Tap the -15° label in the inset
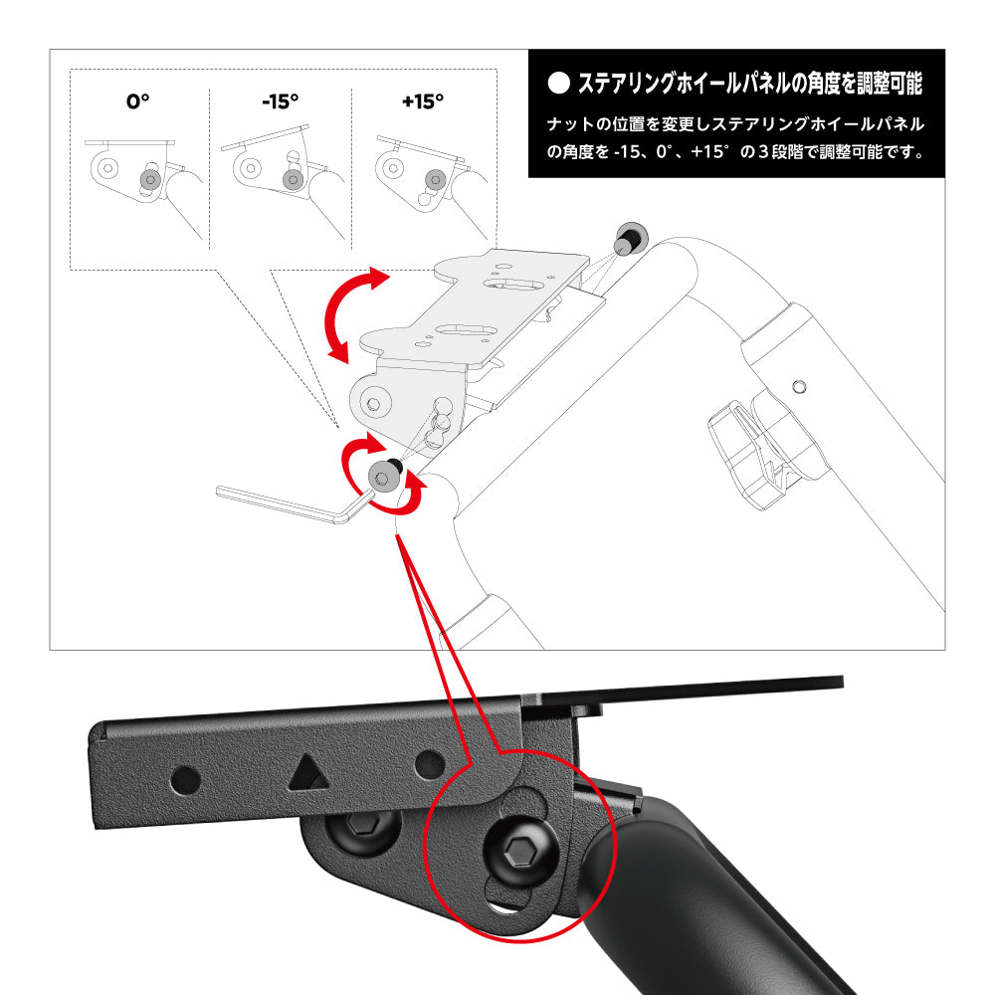click(280, 101)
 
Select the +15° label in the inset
click(422, 101)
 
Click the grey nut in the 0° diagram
click(150, 179)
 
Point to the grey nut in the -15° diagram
click(292, 179)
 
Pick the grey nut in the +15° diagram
click(434, 179)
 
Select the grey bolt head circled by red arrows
click(384, 477)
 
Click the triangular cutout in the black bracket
click(307, 771)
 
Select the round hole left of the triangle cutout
click(186, 778)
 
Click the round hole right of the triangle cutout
click(430, 763)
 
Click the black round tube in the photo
click(696, 895)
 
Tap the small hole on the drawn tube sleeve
click(798, 385)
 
